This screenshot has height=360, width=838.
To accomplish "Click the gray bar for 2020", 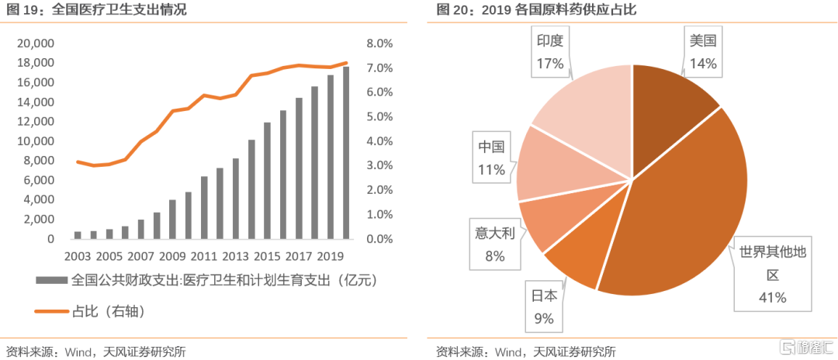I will coord(346,153).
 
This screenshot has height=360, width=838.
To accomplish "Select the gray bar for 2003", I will coord(78,234).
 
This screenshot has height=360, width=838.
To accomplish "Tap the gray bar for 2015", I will coord(267,181).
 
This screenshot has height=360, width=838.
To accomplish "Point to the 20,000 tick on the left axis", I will coord(35,43).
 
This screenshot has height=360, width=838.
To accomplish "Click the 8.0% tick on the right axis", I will coord(379,43).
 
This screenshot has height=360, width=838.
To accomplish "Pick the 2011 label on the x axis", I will coord(203,255).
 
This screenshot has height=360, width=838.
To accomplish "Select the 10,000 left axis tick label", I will coord(35,141).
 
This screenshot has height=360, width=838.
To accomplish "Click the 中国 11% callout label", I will coord(490,157).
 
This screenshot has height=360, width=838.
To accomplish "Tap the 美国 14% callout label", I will coord(703,53).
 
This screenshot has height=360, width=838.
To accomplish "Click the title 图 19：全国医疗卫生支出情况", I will coord(97,10).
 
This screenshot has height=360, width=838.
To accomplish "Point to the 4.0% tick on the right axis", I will coord(379,141).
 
